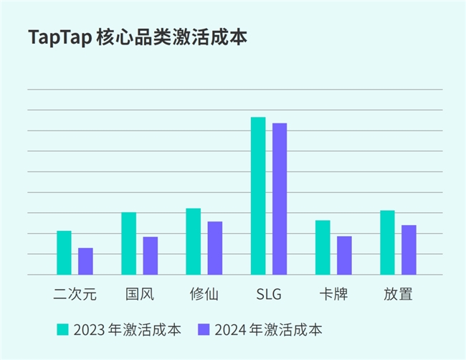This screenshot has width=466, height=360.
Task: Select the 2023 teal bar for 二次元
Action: point(64,252)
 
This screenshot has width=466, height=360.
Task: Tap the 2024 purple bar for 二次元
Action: point(85,261)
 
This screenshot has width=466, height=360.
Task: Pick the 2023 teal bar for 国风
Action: point(128,243)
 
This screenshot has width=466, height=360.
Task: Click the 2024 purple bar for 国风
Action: point(150,255)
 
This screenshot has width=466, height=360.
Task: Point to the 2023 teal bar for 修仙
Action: point(193,241)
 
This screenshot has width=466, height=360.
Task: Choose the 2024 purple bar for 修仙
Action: point(214,247)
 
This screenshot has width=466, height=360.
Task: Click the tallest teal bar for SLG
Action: point(258,195)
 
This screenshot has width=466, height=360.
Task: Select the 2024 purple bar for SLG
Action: point(280,199)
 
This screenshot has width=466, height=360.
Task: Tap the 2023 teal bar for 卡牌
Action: point(323,247)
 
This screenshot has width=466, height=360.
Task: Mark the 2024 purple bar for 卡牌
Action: point(344,255)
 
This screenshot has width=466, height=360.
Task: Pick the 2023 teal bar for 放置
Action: point(387,242)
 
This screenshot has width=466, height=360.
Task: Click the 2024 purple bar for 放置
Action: point(409,250)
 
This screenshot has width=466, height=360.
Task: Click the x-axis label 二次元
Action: point(75,294)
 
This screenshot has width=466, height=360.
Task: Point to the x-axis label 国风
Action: point(139,294)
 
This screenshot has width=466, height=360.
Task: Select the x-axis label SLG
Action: point(269,294)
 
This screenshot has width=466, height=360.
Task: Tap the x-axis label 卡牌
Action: point(333,294)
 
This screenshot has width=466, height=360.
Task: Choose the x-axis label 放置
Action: point(398,294)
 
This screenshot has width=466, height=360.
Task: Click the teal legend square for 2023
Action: point(63,330)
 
